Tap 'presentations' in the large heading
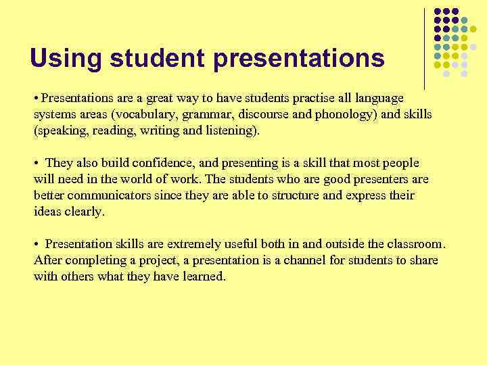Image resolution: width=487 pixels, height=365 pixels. [300, 59]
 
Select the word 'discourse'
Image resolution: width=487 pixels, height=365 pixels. [270, 114]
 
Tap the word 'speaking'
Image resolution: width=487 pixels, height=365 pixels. [60, 130]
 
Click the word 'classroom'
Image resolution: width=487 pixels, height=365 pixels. [414, 244]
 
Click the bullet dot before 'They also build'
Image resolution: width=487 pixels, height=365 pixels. [36, 163]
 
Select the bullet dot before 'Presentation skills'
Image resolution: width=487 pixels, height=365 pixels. [36, 244]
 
